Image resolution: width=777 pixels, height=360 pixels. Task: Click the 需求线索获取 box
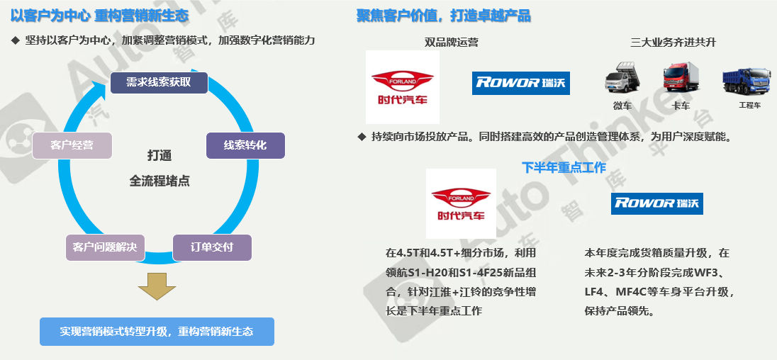[x=159, y=82]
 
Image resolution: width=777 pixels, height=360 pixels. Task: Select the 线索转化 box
[x=245, y=145]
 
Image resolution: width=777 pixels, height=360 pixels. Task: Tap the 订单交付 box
[x=212, y=247]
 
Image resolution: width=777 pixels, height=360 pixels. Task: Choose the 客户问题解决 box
[x=105, y=247]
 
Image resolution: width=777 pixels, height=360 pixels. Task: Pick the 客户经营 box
[x=72, y=145]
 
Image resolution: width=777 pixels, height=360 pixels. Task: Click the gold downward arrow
[x=157, y=285]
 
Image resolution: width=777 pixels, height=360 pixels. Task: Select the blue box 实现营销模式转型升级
[x=156, y=332]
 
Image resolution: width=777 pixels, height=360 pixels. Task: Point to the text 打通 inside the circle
[x=159, y=156]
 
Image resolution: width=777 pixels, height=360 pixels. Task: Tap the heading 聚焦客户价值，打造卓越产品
[x=443, y=16]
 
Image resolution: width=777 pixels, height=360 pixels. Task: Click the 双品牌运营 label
[x=451, y=43]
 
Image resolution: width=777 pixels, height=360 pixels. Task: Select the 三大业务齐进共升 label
[x=673, y=43]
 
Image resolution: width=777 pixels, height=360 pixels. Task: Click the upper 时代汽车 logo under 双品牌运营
[x=402, y=86]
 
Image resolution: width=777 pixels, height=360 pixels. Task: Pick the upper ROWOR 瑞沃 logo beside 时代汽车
[x=521, y=83]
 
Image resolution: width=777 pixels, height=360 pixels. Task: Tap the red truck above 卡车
[x=681, y=78]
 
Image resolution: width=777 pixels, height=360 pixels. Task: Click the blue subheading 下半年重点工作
[x=564, y=167]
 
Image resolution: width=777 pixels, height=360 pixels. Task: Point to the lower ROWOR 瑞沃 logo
[x=657, y=203]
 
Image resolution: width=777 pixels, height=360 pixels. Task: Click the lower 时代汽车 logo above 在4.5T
[x=461, y=203]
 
